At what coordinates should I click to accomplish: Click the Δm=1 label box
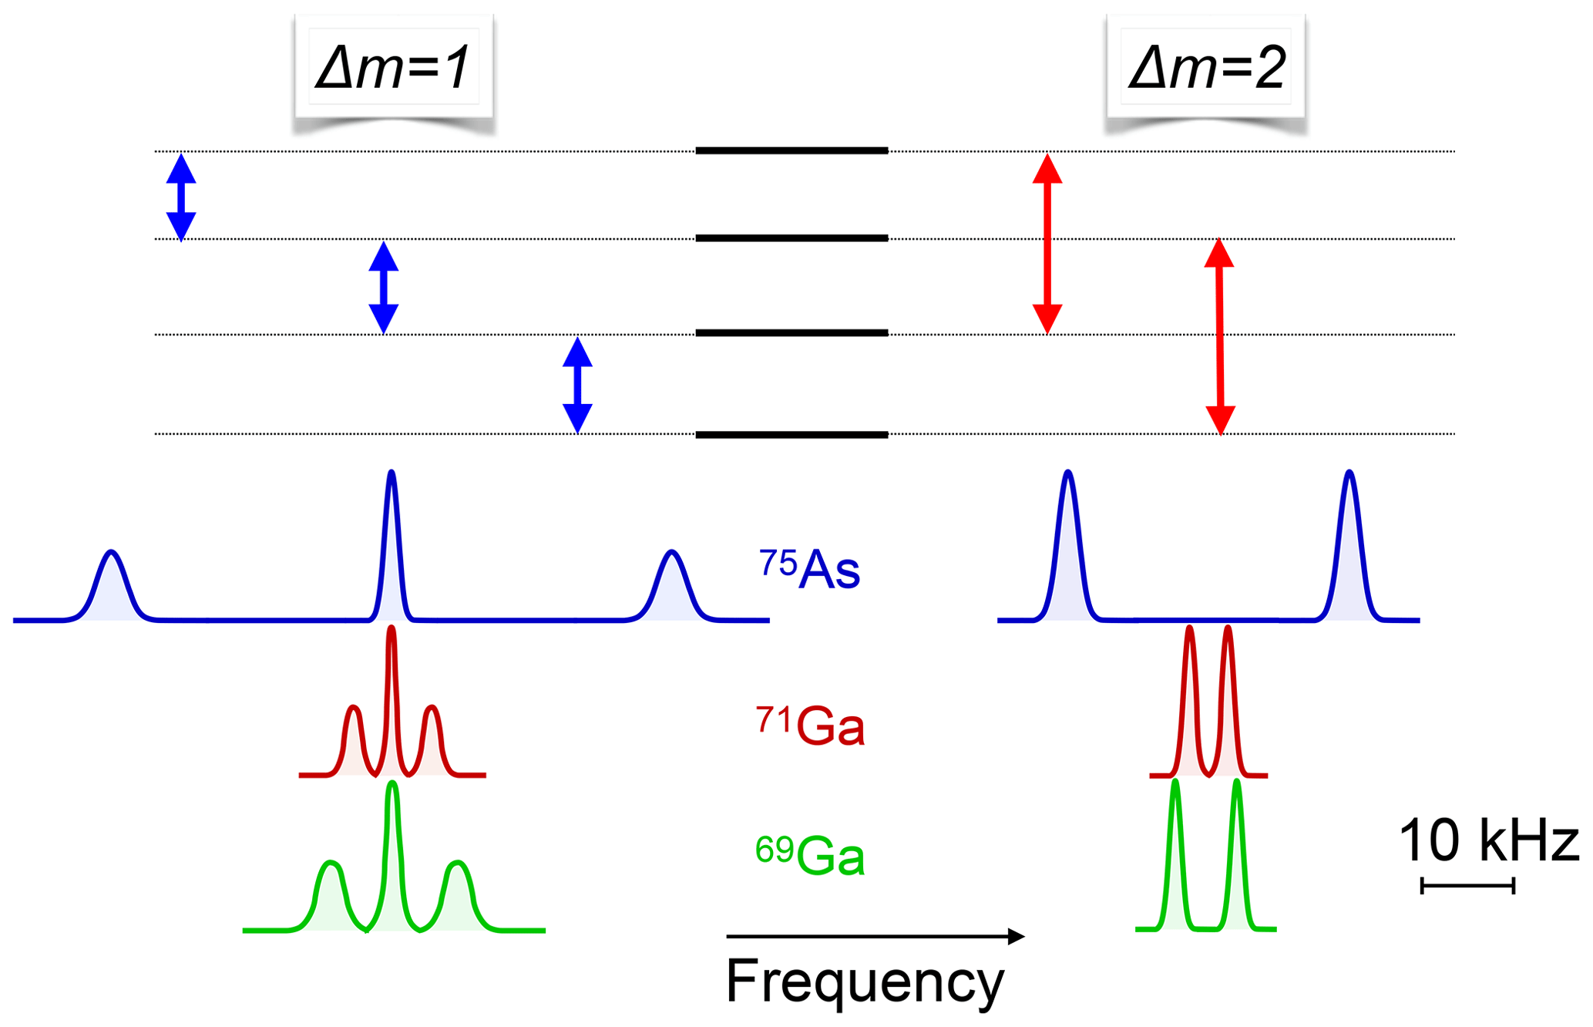(x=393, y=68)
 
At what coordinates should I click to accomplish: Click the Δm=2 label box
(x=1206, y=68)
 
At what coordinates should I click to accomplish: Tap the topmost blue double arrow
(x=181, y=197)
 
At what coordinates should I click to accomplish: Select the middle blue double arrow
(x=384, y=288)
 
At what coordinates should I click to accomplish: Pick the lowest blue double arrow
(x=577, y=385)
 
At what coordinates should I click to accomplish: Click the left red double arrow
(x=1047, y=244)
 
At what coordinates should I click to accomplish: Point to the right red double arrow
(x=1219, y=336)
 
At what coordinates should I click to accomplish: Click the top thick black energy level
(x=791, y=151)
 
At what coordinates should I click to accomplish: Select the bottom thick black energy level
(x=791, y=435)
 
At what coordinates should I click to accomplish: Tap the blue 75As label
(x=809, y=570)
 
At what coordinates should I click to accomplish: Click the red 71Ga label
(x=810, y=726)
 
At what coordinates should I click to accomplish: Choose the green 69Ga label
(x=810, y=855)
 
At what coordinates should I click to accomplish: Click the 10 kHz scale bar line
(x=1467, y=886)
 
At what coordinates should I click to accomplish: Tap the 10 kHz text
(x=1487, y=840)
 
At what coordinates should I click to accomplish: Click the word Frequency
(x=865, y=982)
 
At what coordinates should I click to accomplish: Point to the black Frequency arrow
(x=875, y=937)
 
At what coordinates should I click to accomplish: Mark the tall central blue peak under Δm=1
(x=392, y=540)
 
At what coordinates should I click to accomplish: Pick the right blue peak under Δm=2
(x=1349, y=540)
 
